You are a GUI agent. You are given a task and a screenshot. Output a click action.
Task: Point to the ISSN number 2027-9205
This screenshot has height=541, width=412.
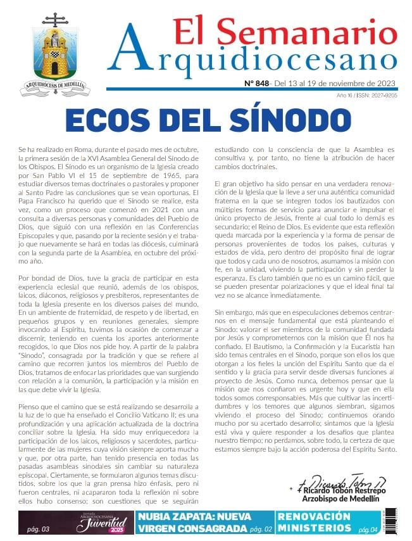click(384, 96)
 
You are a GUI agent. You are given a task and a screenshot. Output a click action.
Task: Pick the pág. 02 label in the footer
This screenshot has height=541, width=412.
click(261, 529)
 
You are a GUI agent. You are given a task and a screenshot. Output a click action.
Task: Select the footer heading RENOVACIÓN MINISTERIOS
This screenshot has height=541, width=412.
click(315, 522)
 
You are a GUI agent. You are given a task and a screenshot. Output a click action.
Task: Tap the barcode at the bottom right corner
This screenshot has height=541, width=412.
click(389, 520)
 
